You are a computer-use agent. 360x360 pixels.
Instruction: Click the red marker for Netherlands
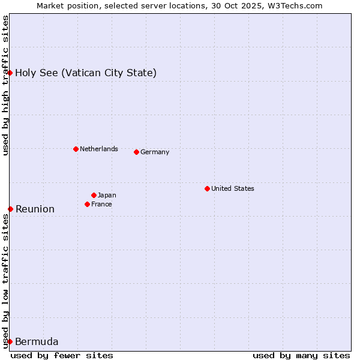(x=76, y=149)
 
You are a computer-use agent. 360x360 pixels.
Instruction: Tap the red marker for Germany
(x=137, y=152)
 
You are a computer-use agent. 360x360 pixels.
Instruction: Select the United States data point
(x=207, y=188)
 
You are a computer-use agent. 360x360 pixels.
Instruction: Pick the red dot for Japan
(x=94, y=195)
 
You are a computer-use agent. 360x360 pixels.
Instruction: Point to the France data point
(x=88, y=204)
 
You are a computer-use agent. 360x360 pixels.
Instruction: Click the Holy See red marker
(x=10, y=73)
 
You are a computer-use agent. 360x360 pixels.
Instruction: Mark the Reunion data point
(x=10, y=209)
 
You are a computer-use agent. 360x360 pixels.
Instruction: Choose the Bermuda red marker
(x=10, y=341)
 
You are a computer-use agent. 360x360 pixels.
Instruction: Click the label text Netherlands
(x=99, y=149)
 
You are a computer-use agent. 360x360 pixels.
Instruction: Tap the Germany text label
(x=155, y=152)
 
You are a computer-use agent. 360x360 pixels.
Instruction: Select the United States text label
(x=233, y=188)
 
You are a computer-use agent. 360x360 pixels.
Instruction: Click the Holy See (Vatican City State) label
(x=86, y=73)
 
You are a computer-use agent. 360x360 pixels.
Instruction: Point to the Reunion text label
(x=35, y=209)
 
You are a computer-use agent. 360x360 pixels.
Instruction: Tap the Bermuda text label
(x=37, y=342)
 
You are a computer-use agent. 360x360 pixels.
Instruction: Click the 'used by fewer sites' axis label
(x=62, y=355)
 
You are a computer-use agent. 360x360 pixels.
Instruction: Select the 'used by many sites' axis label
(x=301, y=355)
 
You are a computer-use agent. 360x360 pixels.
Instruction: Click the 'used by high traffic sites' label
(x=5, y=85)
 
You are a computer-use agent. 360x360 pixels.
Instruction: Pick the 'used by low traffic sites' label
(x=5, y=281)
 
